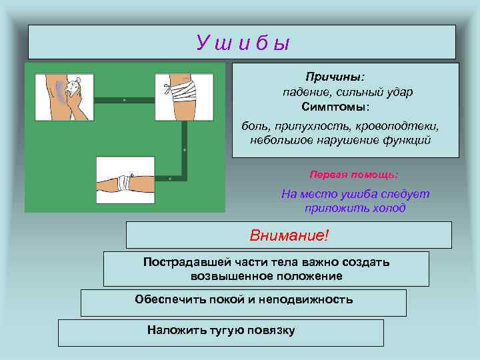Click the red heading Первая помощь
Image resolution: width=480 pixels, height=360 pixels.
(353, 174)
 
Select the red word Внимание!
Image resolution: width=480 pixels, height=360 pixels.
(289, 235)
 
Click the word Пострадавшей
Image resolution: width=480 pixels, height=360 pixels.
(187, 262)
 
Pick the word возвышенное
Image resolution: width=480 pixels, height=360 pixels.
(231, 276)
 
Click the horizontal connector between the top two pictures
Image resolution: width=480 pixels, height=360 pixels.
(124, 100)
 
